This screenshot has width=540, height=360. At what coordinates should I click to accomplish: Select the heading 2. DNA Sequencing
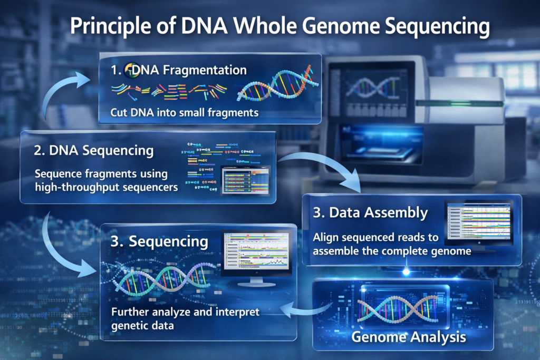coord(93,150)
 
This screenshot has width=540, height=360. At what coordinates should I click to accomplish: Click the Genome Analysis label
coord(409,336)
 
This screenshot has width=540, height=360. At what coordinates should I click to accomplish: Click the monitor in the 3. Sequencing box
coord(256,256)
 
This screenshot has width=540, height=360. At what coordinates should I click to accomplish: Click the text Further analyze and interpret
coord(185,312)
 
